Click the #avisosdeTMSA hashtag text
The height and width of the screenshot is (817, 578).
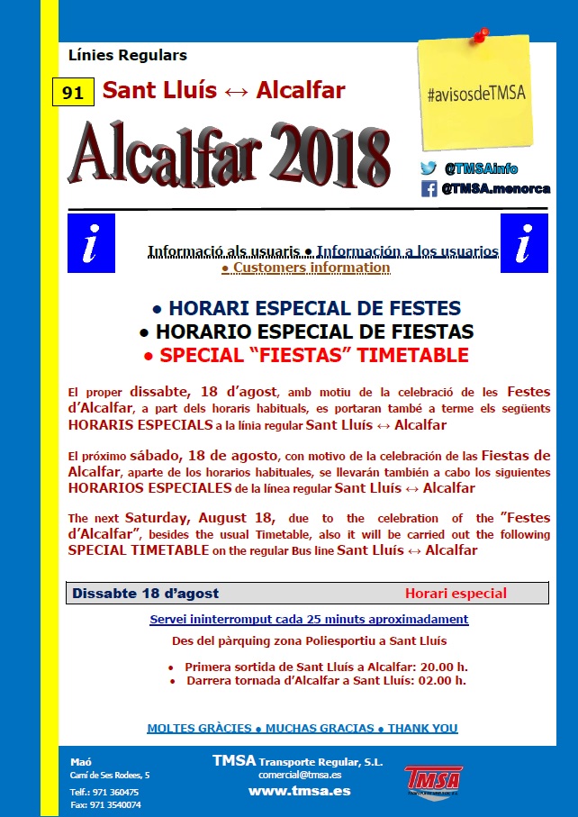pos(478,93)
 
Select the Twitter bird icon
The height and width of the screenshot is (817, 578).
pos(429,168)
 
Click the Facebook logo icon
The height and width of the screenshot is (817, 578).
pos(429,189)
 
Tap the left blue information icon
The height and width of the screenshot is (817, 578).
pos(91,243)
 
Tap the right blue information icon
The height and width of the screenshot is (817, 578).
pos(523,243)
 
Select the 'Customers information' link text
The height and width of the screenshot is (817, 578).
pos(306,268)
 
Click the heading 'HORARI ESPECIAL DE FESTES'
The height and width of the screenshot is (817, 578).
pos(306,308)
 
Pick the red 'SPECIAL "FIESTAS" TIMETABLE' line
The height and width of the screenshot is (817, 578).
pos(306,355)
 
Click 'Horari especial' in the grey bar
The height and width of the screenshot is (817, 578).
pos(456,594)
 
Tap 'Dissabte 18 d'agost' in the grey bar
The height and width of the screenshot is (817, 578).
pos(146,594)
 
